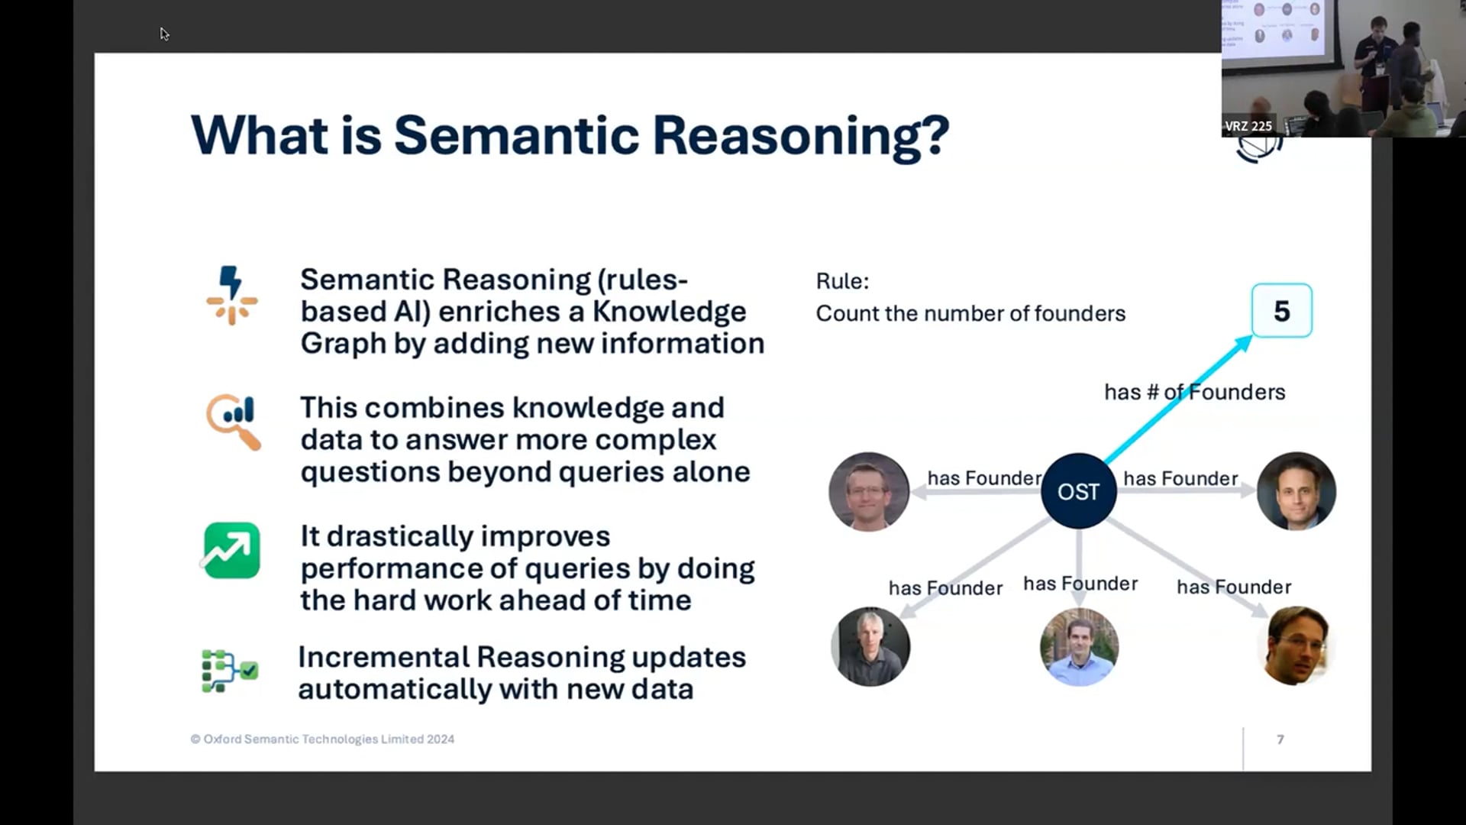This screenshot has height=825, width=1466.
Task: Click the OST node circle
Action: (1078, 491)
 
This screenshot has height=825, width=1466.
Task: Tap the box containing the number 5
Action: (1281, 311)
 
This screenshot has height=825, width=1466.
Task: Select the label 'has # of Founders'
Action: (1194, 392)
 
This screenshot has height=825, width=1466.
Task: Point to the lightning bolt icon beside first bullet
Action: (231, 296)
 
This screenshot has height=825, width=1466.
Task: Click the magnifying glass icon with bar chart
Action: (233, 422)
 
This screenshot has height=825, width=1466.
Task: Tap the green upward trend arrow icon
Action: (231, 550)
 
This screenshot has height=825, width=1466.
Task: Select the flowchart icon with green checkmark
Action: (229, 671)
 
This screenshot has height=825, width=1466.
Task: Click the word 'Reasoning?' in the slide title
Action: (800, 136)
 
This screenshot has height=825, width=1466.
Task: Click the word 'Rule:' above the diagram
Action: (842, 281)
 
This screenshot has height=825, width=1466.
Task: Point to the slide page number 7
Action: (1280, 739)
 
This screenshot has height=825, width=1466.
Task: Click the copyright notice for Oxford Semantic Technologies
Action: (322, 739)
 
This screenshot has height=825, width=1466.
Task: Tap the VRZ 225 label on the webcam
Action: (1248, 126)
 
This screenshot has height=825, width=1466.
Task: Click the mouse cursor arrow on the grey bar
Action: (164, 34)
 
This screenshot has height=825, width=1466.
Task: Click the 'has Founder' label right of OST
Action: (1180, 479)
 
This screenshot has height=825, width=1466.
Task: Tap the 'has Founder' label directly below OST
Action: (1080, 584)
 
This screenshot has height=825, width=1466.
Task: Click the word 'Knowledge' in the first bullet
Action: (669, 312)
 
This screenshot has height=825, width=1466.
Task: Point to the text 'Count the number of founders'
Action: (970, 314)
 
